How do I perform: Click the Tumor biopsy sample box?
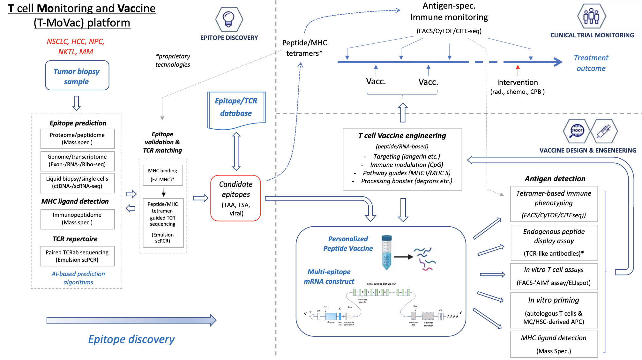pos(77,76)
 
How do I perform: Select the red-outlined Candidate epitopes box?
pos(236,198)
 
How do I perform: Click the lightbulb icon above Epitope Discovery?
pos(229,19)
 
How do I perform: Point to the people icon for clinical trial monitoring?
pos(591,16)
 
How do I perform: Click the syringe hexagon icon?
pos(604,131)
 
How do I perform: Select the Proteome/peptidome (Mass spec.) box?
pos(77,139)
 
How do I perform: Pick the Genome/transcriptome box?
pos(77,161)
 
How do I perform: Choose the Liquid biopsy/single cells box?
pos(77,183)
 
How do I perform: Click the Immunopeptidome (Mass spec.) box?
pos(77,219)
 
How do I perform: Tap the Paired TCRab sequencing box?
pos(77,256)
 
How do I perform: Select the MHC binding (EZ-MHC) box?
pos(163,175)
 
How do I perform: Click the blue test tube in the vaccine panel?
pos(386,252)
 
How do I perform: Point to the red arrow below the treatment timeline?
pos(518,70)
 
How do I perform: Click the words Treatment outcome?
pos(591,63)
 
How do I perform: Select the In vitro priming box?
pos(554,311)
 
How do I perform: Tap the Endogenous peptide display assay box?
pos(554,243)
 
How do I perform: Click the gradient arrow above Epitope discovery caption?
pos(131,320)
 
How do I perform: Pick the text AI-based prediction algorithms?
pos(78,278)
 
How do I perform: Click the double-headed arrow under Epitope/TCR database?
pos(236,151)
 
